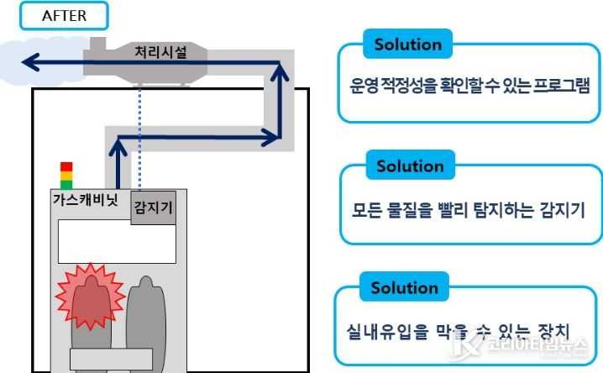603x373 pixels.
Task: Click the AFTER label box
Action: (64, 16)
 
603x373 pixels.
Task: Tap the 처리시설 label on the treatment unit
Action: (160, 51)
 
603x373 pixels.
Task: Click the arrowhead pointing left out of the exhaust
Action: (31, 62)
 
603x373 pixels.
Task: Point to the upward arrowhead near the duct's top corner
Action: (280, 72)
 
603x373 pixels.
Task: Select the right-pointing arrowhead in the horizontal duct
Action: (270, 137)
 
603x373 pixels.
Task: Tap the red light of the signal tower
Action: (66, 166)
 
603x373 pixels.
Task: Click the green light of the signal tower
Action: (66, 185)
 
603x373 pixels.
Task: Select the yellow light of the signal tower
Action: (66, 176)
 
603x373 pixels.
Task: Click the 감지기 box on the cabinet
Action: (154, 208)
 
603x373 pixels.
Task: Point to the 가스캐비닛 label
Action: (86, 200)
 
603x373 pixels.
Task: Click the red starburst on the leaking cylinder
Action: (91, 297)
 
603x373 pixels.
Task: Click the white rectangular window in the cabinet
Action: (117, 241)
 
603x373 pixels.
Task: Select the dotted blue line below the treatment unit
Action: (139, 139)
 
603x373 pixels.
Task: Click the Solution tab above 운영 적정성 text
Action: (408, 45)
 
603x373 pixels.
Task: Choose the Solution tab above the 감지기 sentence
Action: (411, 165)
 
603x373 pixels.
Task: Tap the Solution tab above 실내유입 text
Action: (405, 287)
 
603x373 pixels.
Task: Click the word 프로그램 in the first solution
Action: (561, 86)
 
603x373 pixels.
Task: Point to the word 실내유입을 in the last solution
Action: (387, 332)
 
